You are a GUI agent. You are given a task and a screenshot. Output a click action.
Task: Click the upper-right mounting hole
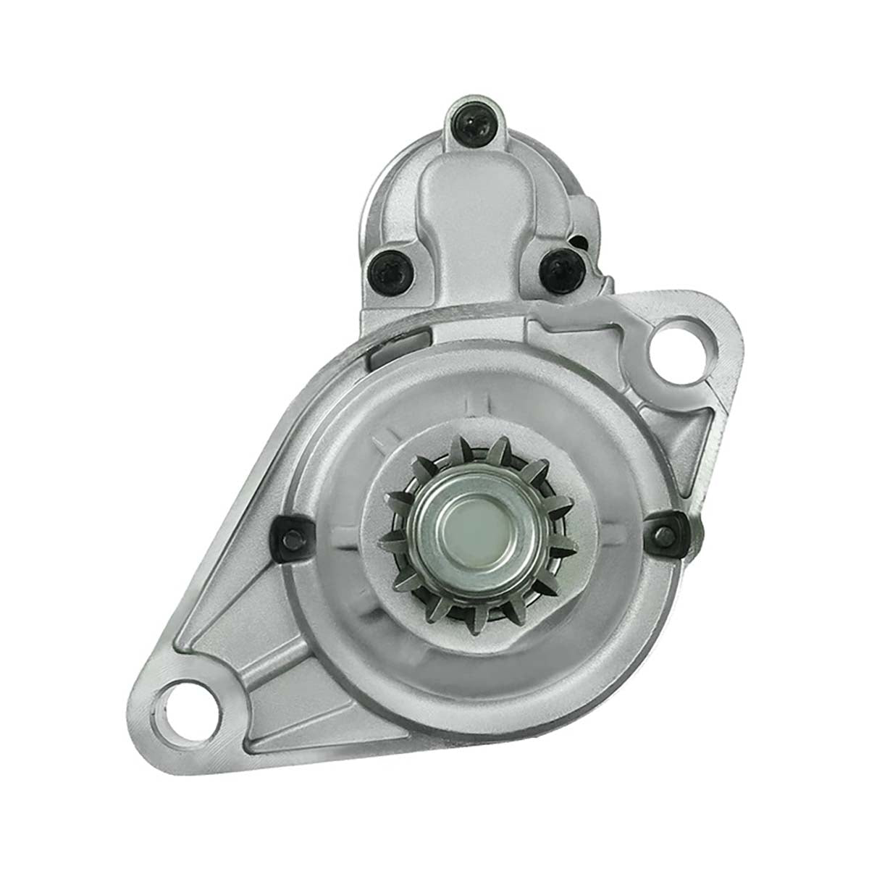click(x=679, y=350)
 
